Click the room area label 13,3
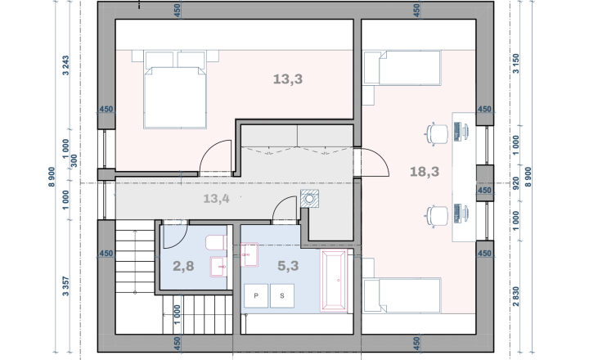click(288, 79)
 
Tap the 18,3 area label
click(425, 172)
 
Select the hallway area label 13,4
click(216, 199)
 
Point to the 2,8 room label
click(183, 266)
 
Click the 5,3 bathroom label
click(288, 266)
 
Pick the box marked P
click(256, 295)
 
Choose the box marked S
click(282, 295)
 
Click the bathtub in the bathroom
click(334, 281)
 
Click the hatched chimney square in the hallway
click(309, 199)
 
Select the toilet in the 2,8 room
click(216, 243)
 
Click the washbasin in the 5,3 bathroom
click(249, 254)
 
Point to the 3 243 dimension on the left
click(65, 65)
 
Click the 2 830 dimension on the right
click(515, 296)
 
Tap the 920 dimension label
click(515, 183)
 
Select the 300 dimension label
click(74, 160)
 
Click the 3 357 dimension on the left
click(65, 286)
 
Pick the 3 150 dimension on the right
click(515, 64)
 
